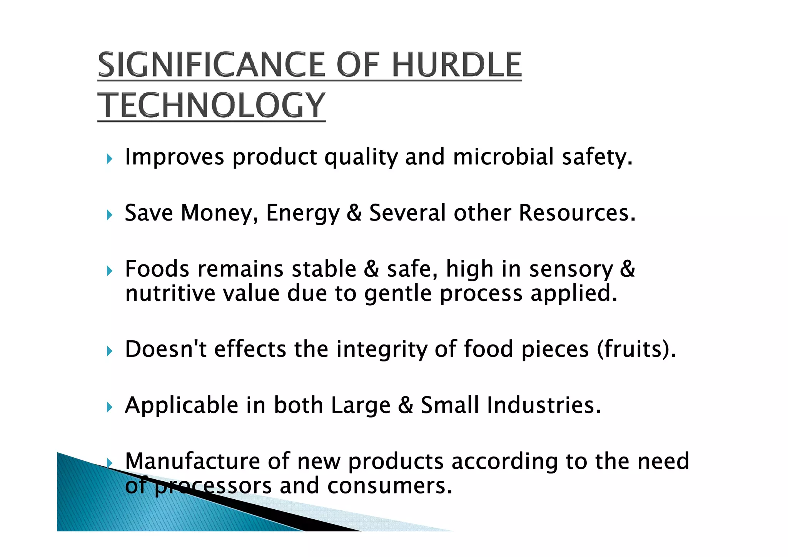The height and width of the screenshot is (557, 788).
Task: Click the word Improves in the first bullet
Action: [x=174, y=157]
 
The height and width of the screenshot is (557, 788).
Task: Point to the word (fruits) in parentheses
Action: [x=636, y=349]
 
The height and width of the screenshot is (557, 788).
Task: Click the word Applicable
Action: [x=182, y=405]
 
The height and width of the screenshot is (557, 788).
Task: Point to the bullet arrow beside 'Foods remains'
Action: [x=110, y=271]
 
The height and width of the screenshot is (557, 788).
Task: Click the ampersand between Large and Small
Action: [x=406, y=405]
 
